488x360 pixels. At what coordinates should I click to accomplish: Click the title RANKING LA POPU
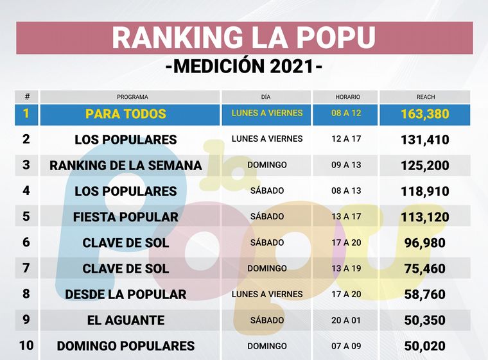pos(243,38)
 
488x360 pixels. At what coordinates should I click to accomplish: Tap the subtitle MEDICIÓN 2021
pos(243,66)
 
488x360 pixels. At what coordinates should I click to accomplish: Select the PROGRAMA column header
pos(132,97)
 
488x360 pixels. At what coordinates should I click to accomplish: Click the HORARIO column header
pos(347,97)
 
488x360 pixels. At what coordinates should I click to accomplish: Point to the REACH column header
pos(425,97)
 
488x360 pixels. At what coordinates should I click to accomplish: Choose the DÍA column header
pos(266,97)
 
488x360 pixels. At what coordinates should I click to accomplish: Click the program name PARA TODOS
pos(126,114)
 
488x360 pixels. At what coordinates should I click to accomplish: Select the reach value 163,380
pos(424,115)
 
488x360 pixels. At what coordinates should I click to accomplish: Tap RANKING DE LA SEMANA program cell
pos(126,166)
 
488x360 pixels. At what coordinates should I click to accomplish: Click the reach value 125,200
pos(424,166)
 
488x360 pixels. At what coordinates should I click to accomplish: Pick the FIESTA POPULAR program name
pos(126,217)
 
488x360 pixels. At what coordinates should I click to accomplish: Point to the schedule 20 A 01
pos(347,320)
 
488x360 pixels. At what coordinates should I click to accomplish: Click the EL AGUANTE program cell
pos(126,320)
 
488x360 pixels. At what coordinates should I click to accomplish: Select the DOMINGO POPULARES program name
pos(126,346)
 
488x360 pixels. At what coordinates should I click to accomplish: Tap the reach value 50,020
pos(424,346)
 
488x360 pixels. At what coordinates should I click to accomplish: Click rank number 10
pos(26,345)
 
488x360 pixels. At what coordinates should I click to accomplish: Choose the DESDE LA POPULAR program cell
pos(126,295)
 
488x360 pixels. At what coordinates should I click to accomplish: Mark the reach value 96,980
pos(424,243)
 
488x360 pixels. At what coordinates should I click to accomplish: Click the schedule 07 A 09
pos(347,346)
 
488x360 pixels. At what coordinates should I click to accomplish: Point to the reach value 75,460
pos(424,269)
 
